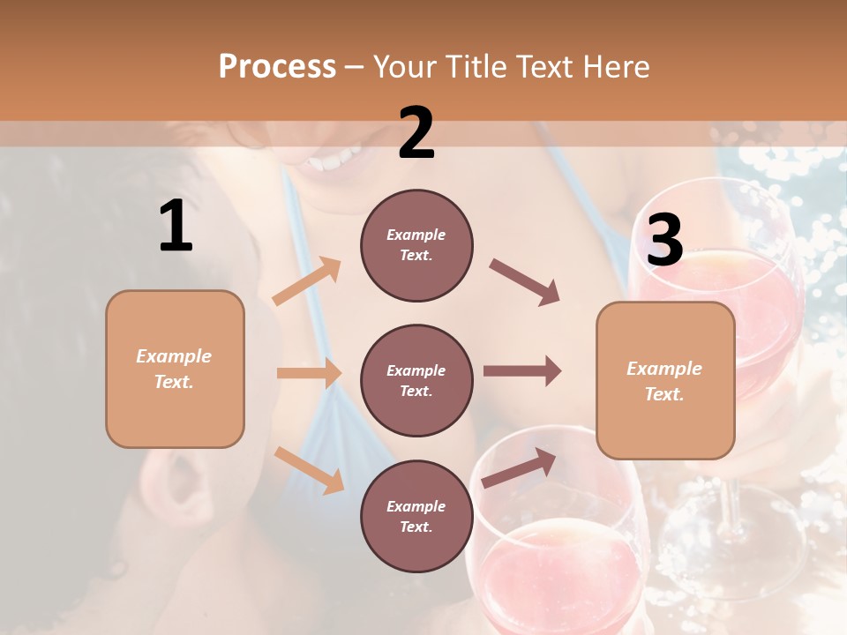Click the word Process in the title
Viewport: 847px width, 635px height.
pyautogui.click(x=277, y=66)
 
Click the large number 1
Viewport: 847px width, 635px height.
pyautogui.click(x=176, y=227)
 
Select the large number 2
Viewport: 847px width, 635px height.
pyautogui.click(x=416, y=133)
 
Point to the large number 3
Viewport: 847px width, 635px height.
pyautogui.click(x=664, y=241)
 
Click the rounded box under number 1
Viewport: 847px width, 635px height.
pyautogui.click(x=175, y=369)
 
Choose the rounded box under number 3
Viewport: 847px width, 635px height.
pyautogui.click(x=665, y=380)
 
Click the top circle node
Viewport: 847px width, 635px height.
pyautogui.click(x=416, y=245)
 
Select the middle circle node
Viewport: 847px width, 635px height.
pyautogui.click(x=416, y=380)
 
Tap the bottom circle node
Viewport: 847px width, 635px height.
pyautogui.click(x=416, y=516)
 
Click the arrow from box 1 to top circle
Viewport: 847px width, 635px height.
pyautogui.click(x=307, y=281)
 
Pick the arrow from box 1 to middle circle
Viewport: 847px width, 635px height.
pyautogui.click(x=309, y=373)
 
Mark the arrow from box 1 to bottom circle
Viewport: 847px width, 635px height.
pyautogui.click(x=309, y=469)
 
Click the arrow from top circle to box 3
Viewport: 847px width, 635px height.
pyautogui.click(x=524, y=281)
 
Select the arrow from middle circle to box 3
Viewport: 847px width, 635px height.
pyautogui.click(x=521, y=371)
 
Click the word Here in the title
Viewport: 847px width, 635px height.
pyautogui.click(x=616, y=66)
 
